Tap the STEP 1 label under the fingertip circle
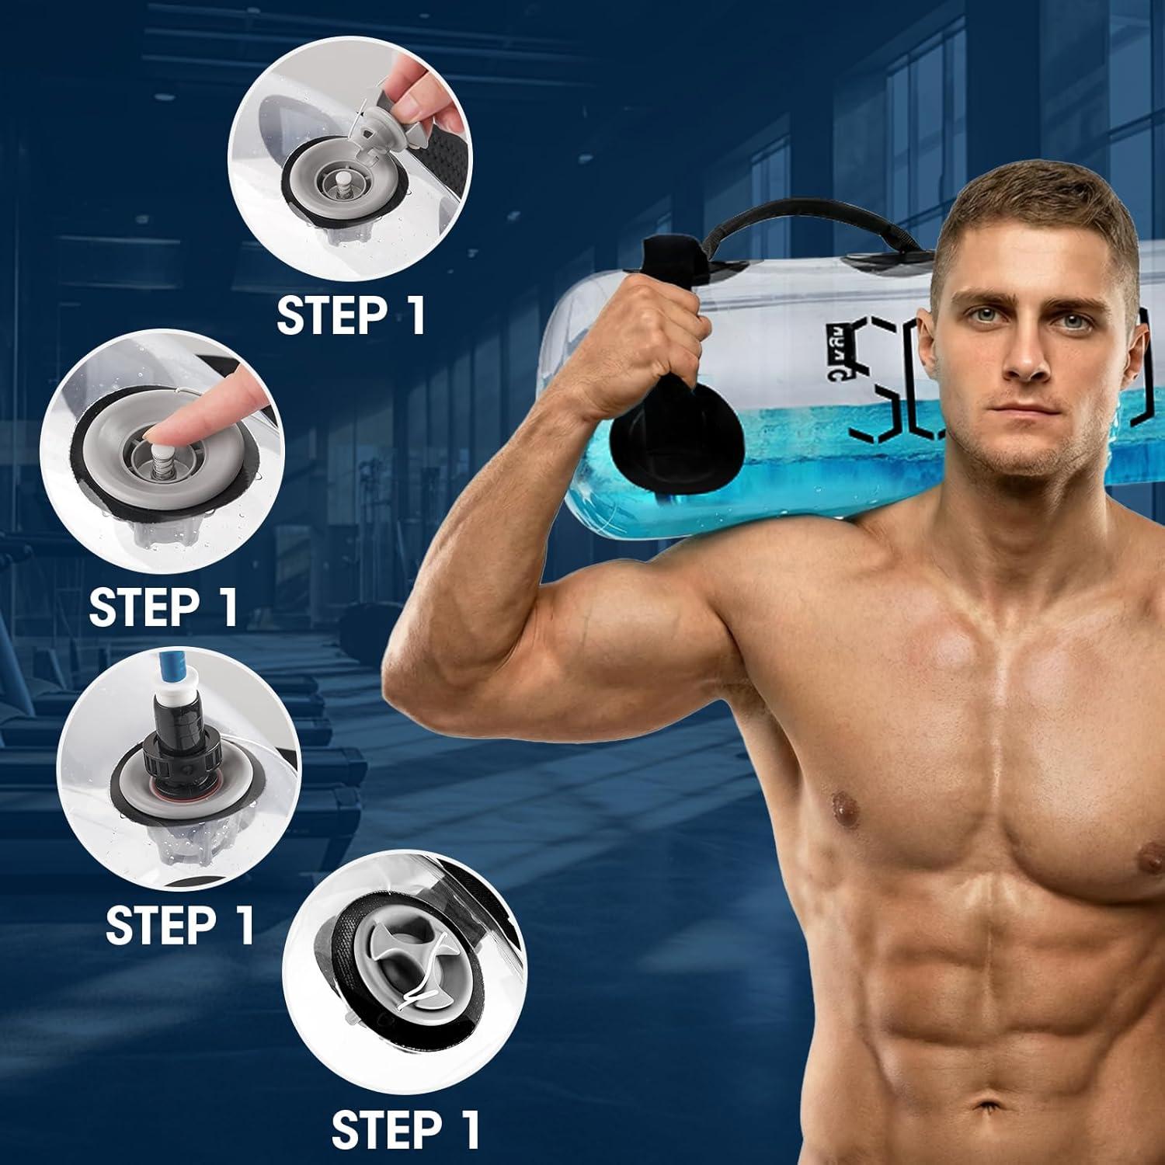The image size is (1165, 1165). pos(163,607)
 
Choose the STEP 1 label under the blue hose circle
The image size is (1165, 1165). pos(180,924)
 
